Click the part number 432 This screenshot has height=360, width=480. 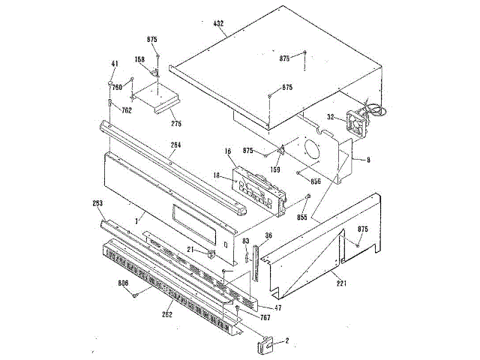(219, 25)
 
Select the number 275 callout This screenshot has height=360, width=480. (175, 123)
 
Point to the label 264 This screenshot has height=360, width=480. (175, 145)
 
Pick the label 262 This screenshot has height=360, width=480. (166, 314)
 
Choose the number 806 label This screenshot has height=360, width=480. (124, 284)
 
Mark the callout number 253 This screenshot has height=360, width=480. (97, 204)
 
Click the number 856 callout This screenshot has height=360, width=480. (316, 180)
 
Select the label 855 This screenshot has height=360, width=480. (301, 217)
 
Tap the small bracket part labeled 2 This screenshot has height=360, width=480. (265, 344)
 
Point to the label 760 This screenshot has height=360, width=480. (117, 86)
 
